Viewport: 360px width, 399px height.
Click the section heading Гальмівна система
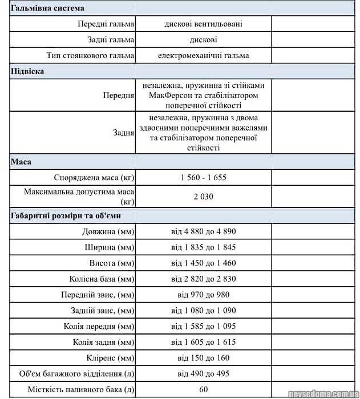click(47, 8)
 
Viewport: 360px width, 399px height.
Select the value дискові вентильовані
click(203, 24)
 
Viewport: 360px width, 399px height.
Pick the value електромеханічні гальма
click(203, 56)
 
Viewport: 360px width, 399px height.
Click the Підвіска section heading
click(27, 71)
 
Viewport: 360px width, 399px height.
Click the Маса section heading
click(21, 162)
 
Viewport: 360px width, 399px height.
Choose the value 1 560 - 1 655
click(203, 177)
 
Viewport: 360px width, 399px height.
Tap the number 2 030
click(203, 197)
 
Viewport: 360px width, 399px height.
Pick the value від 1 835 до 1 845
click(203, 247)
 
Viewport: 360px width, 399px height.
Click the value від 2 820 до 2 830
click(203, 279)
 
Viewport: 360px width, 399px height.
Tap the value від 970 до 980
click(203, 295)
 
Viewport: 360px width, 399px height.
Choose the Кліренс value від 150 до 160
click(203, 358)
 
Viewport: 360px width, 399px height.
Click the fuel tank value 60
click(203, 389)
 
